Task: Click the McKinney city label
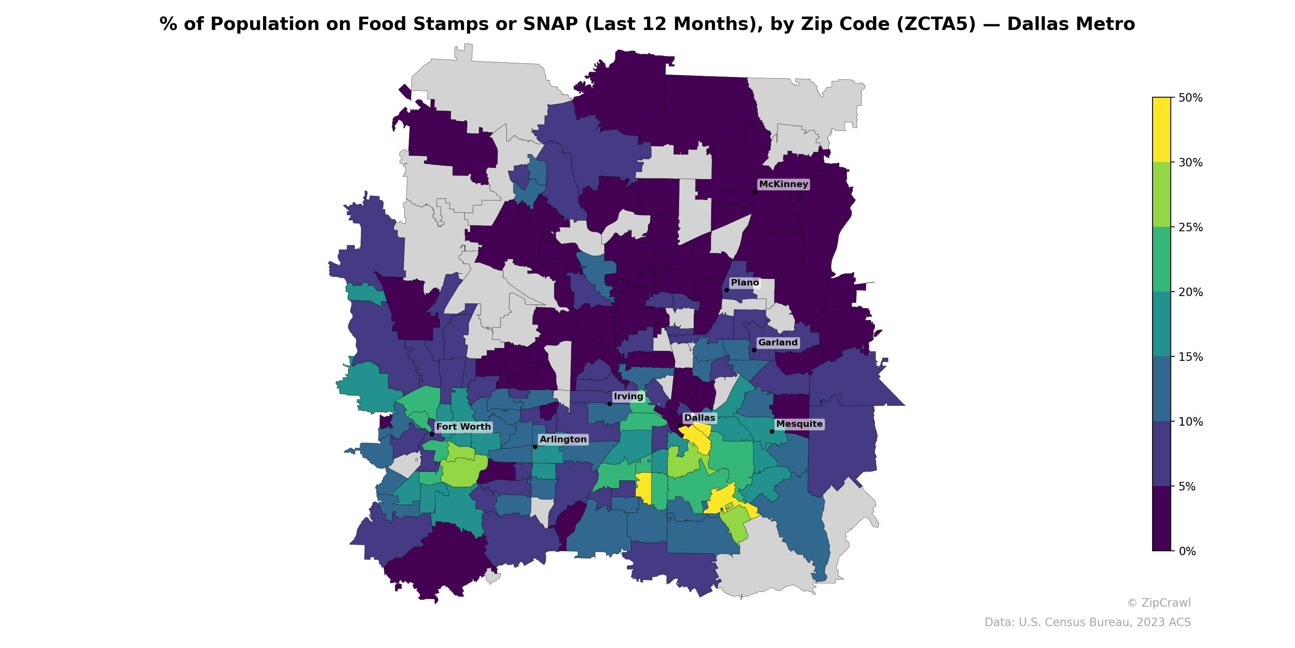(783, 184)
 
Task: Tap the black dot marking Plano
(726, 290)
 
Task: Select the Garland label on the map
(778, 343)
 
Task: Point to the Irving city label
(628, 396)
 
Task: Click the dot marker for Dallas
(680, 425)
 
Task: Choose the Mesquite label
(799, 424)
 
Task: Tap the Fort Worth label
(463, 426)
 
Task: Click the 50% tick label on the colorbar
(1191, 98)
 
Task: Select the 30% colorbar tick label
(1191, 162)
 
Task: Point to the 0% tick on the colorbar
(1187, 551)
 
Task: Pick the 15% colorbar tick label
(1191, 357)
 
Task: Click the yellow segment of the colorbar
(1161, 129)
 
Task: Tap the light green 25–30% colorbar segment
(1161, 195)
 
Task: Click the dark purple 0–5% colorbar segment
(1161, 519)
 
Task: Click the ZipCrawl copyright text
(1159, 603)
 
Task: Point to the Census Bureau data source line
(1087, 622)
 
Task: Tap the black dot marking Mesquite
(772, 431)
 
